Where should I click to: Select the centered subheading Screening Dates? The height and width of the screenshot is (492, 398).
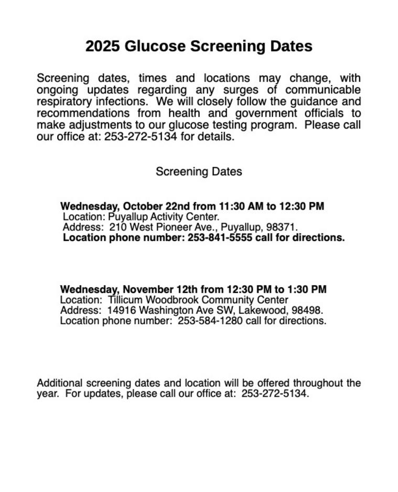point(199,172)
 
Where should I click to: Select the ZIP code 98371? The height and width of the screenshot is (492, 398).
point(283,228)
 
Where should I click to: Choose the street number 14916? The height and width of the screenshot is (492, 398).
point(122,310)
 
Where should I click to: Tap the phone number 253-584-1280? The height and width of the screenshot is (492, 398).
point(210,321)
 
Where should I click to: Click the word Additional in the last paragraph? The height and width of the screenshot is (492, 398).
point(59,383)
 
